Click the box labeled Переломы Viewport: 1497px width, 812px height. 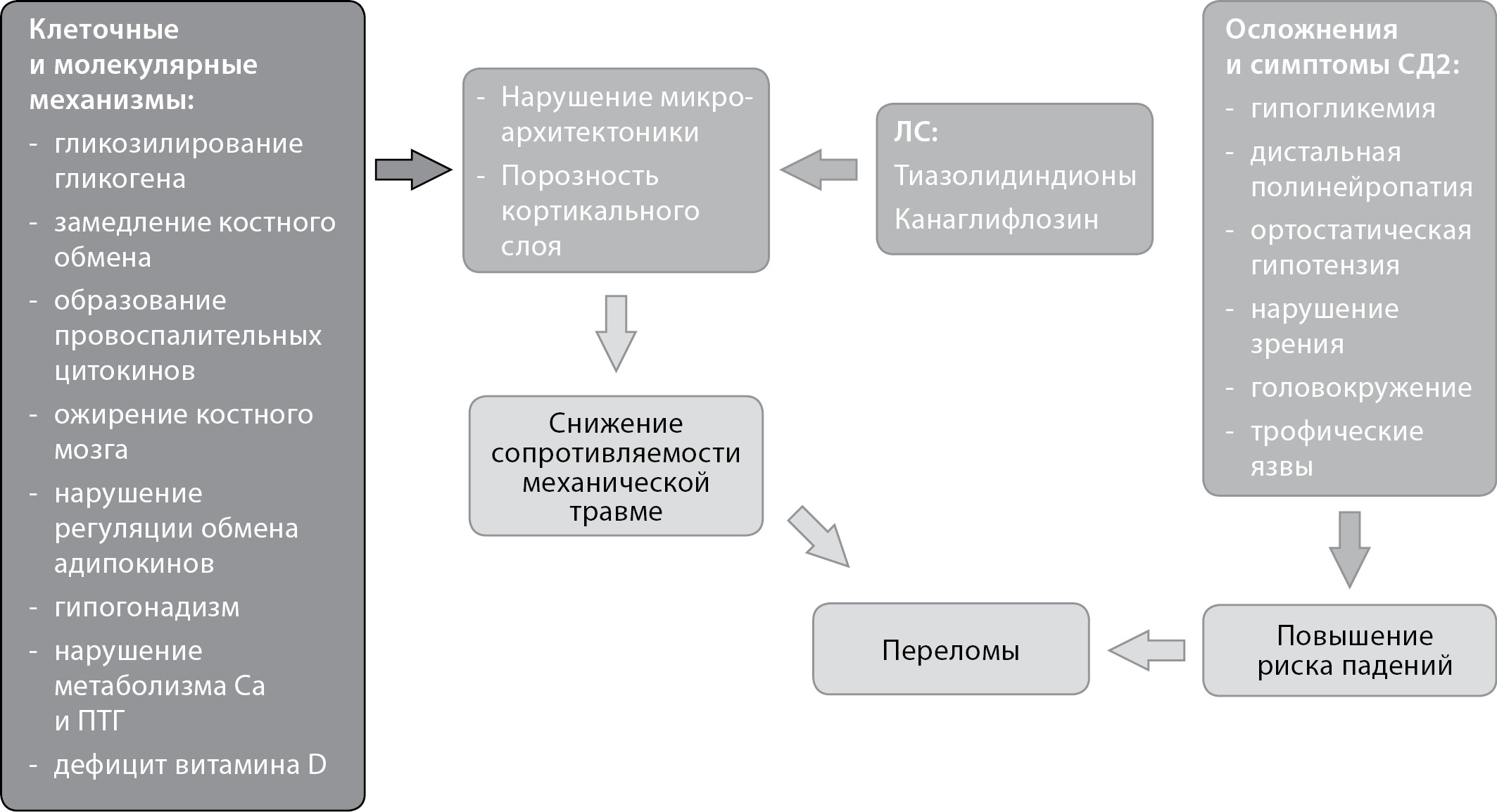[950, 649]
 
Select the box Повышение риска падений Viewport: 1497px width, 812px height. [1349, 651]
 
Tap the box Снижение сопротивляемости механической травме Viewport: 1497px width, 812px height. [616, 467]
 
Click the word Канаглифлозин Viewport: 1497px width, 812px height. [996, 220]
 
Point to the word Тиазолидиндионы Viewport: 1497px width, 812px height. [1015, 176]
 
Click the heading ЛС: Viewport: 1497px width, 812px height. [916, 132]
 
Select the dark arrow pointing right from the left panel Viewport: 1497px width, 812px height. [412, 170]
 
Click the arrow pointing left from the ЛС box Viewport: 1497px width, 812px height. [819, 170]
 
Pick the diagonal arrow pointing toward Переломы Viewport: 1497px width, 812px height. [819, 537]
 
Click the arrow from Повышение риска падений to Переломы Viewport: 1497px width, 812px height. [1147, 650]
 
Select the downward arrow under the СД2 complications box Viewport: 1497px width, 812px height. [1349, 549]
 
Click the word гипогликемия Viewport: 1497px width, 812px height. [1342, 109]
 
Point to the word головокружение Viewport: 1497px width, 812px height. [1360, 388]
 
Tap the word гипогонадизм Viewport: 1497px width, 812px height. [146, 607]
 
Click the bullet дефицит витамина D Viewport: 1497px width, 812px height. [190, 765]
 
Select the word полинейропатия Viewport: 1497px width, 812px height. [1361, 187]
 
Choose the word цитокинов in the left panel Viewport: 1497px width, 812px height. [125, 371]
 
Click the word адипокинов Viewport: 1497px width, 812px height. [134, 564]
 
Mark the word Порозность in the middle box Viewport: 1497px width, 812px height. [579, 176]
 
